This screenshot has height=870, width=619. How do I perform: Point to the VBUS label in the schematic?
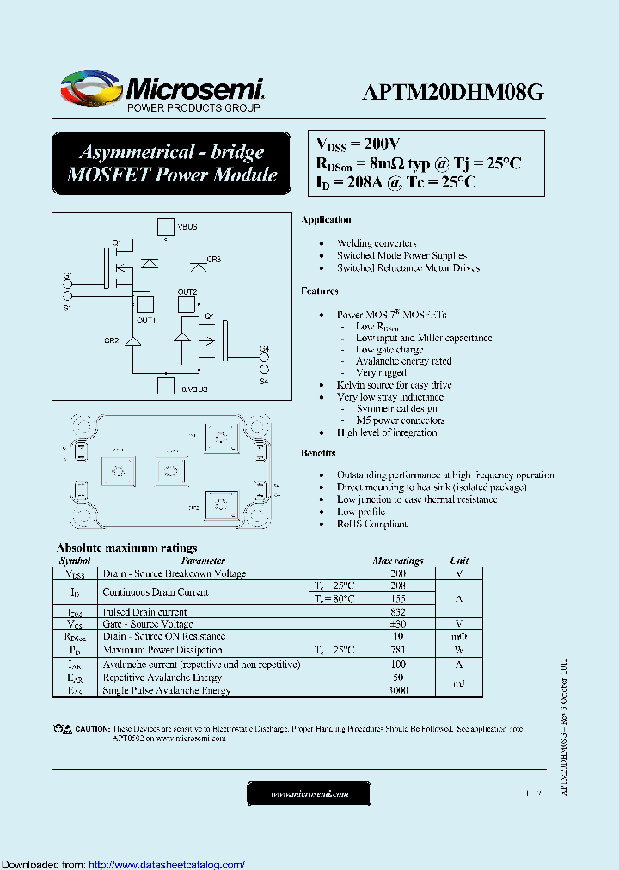click(x=187, y=226)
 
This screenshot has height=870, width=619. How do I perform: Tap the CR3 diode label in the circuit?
click(x=213, y=259)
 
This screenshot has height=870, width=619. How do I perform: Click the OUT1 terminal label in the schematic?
click(x=145, y=320)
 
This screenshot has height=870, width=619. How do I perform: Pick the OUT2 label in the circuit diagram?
click(x=187, y=292)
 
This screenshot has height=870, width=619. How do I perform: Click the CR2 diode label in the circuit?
click(x=112, y=340)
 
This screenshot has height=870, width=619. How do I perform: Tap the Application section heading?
click(x=326, y=220)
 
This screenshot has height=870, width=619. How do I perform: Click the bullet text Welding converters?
click(x=377, y=243)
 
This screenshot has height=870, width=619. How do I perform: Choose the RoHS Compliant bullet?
click(x=371, y=524)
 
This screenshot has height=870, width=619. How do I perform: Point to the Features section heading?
click(x=320, y=291)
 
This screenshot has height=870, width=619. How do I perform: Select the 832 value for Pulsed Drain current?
click(x=398, y=611)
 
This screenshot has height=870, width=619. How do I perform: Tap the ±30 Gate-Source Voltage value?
click(x=398, y=624)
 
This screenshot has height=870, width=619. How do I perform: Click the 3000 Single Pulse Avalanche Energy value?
click(x=398, y=690)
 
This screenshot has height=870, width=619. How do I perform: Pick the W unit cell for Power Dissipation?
click(x=459, y=650)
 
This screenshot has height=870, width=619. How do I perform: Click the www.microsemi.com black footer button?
click(x=309, y=794)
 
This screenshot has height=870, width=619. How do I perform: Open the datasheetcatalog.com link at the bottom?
click(x=167, y=864)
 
